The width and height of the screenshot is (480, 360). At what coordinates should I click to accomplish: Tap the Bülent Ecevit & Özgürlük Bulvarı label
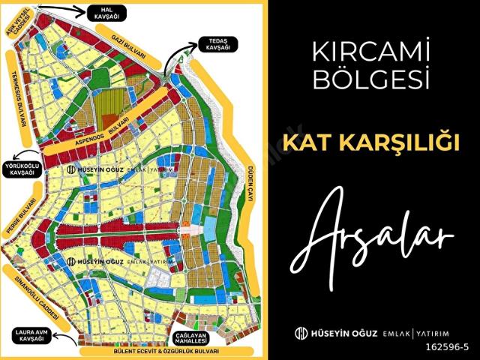tap(156, 351)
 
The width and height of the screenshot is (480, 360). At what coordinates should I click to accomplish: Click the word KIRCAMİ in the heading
tap(373, 52)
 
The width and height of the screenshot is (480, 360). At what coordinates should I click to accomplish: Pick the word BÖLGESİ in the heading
tap(373, 78)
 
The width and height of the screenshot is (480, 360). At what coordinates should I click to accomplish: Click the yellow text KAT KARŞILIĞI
tap(373, 142)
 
